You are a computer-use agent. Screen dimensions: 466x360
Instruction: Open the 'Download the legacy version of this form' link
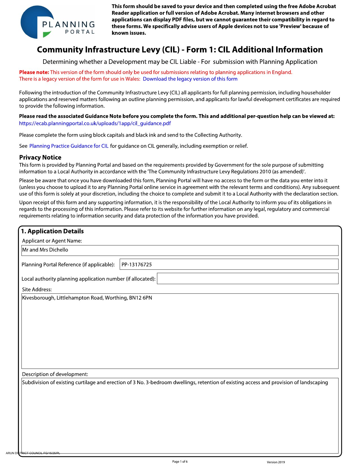190,79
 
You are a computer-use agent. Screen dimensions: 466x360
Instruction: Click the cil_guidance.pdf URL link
95,123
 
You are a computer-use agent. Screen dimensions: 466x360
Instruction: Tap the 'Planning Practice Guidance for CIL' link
69,146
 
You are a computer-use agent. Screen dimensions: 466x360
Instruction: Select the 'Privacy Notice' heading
40,158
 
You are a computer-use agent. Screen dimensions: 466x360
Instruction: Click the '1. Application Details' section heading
53,231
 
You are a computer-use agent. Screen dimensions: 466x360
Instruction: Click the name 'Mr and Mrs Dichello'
45,250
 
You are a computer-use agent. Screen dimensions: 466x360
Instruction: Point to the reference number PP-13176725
137,265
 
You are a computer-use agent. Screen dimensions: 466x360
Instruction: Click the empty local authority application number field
247,278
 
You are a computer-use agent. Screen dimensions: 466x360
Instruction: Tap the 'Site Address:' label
37,289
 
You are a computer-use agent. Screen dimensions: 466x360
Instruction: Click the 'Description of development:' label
55,374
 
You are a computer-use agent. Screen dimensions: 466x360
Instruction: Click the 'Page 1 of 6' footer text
180,462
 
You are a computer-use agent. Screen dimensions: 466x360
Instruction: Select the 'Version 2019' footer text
276,462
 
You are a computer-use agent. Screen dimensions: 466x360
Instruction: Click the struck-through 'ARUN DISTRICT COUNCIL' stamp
33,453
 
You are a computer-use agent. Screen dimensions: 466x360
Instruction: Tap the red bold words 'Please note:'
34,72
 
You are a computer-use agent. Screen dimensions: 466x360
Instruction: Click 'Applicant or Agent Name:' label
52,241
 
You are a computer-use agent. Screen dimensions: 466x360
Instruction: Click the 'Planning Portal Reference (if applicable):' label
68,265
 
